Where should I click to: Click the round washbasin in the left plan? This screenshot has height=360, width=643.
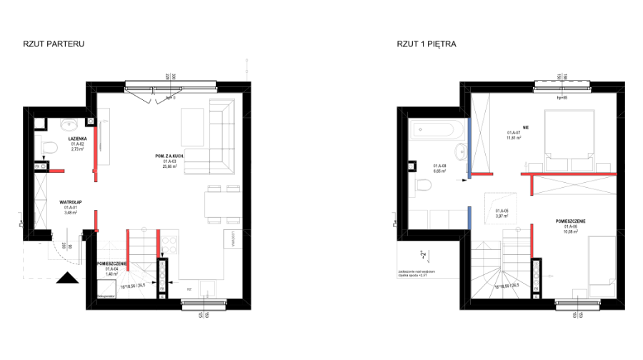(69, 125)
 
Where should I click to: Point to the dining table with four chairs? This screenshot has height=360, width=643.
(223, 204)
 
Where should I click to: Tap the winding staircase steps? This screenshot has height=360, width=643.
(127, 283)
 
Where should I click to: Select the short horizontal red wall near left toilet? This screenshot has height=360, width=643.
(56, 171)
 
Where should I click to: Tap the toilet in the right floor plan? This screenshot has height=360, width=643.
(421, 185)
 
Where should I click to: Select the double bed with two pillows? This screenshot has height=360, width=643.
(569, 139)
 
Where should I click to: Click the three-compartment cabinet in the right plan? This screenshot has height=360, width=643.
(438, 219)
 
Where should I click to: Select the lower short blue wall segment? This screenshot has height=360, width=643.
(469, 218)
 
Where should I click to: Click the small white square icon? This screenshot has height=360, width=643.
(424, 254)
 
